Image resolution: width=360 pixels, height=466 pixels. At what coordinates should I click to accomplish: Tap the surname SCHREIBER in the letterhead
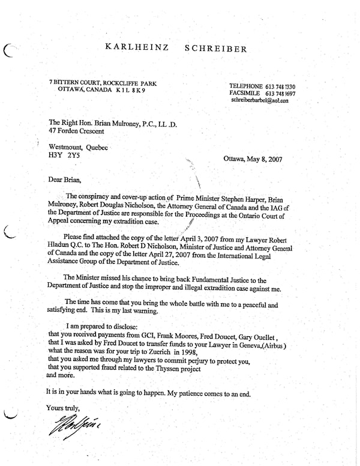click(x=216, y=49)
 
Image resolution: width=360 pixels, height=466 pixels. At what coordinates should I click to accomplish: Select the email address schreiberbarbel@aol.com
click(x=259, y=101)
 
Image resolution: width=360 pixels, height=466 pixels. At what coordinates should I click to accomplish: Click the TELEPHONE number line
click(x=263, y=86)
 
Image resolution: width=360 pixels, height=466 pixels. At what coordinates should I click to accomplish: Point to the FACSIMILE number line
click(x=263, y=94)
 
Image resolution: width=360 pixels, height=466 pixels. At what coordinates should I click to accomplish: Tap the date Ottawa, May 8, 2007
click(x=253, y=160)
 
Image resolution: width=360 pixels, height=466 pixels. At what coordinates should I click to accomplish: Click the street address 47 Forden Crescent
click(x=76, y=131)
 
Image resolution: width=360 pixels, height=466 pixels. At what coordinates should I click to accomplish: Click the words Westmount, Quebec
click(x=78, y=147)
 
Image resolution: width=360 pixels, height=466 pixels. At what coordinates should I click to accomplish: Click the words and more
click(x=61, y=375)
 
